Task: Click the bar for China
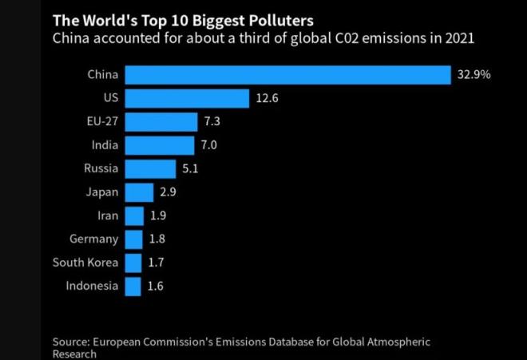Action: (288, 75)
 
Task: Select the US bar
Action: (188, 98)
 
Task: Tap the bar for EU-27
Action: (161, 122)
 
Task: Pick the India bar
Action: (160, 145)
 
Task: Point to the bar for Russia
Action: (150, 168)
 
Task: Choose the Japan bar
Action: (139, 192)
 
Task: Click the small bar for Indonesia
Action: (133, 286)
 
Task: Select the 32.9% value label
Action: (474, 75)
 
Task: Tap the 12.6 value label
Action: (267, 98)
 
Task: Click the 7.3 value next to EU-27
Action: (212, 122)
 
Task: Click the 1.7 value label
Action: (157, 263)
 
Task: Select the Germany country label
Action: (93, 239)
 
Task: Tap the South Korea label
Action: (85, 263)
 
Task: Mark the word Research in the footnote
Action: (74, 354)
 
